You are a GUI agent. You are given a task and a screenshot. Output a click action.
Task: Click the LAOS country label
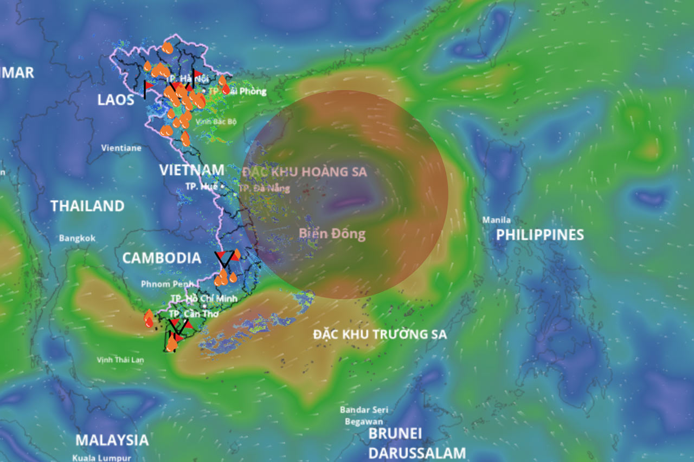coord(115,100)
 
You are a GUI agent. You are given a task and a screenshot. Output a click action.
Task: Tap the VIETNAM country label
coord(191,170)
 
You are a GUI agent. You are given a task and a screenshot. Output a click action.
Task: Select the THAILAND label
coord(87,206)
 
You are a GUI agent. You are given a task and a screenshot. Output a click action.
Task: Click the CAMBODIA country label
coord(162,258)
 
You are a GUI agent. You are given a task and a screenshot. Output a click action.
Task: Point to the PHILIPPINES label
coord(540,235)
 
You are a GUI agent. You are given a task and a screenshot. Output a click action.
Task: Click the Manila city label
coord(497,220)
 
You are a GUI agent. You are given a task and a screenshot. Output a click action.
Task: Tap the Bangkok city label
coord(77,238)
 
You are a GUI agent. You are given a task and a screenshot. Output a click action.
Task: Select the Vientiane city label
coord(121,148)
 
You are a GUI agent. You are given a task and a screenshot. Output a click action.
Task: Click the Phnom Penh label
coord(160,284)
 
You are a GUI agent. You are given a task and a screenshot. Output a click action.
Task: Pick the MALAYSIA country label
coord(112,440)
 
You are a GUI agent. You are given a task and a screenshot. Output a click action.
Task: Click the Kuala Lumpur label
coord(102,458)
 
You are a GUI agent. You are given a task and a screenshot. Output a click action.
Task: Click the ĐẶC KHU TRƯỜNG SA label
coord(380,334)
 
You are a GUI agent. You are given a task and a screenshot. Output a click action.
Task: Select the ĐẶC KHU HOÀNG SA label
coord(304,172)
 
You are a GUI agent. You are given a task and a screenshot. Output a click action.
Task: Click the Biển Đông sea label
coord(332,234)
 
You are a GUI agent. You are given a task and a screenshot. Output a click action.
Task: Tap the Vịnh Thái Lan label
coord(120,360)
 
